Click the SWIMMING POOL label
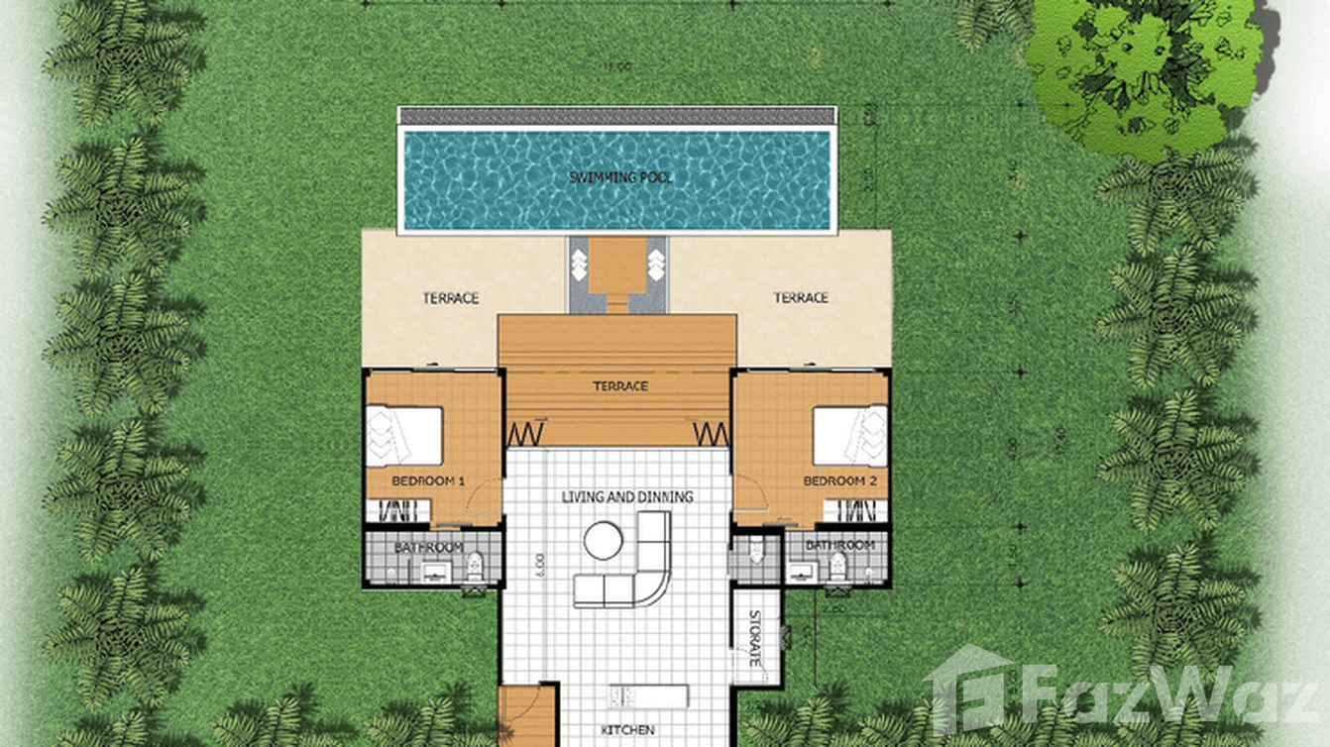click(620, 177)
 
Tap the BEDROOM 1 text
click(428, 480)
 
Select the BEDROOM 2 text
click(839, 480)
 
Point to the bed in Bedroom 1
click(403, 437)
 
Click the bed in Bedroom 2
click(850, 437)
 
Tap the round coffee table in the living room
click(603, 541)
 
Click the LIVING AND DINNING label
click(627, 496)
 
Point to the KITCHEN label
click(627, 730)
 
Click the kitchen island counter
click(648, 695)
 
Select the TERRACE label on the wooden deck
click(620, 386)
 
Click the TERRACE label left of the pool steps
click(451, 297)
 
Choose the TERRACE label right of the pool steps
click(800, 297)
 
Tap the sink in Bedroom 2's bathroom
click(801, 571)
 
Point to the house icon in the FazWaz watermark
click(968, 688)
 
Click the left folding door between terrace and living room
click(527, 434)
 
